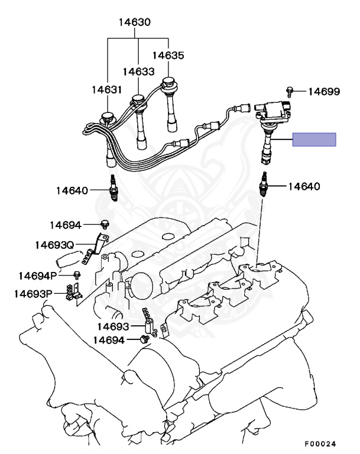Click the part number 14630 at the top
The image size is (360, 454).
coord(134,24)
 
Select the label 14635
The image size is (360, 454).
coord(168,56)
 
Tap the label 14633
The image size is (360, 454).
coord(139,72)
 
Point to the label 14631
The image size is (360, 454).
coord(106,90)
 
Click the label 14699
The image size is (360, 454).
coord(324,91)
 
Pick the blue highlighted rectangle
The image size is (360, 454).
coord(314,140)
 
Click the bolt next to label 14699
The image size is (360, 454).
coord(290,90)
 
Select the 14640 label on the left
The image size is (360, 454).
coord(73,190)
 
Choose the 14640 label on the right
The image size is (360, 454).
coord(304,186)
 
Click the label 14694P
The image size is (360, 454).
coord(38,275)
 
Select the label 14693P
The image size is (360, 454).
coord(34,294)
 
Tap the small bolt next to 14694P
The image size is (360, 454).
coord(77,275)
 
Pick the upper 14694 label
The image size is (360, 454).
coord(65,225)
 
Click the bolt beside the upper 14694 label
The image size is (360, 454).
coord(105,224)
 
